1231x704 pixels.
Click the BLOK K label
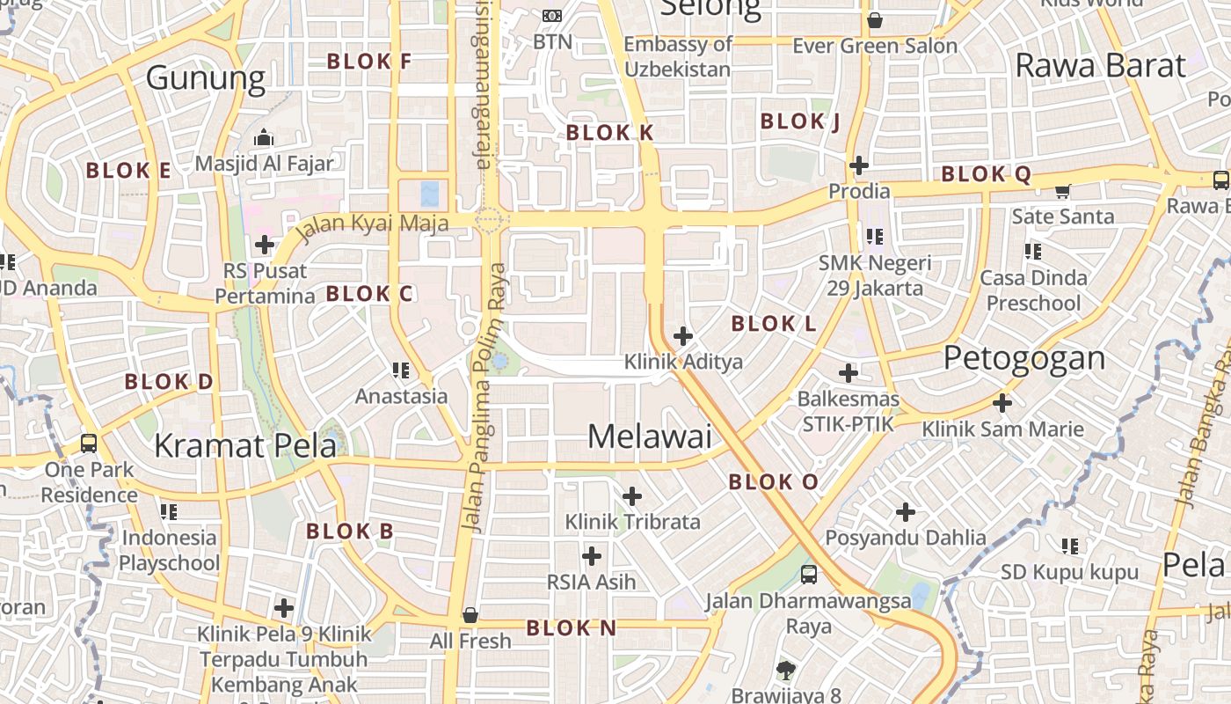[609, 133]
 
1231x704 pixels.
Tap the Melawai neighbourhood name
[649, 436]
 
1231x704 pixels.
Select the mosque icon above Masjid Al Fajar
[263, 137]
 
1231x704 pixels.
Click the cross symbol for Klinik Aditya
[682, 335]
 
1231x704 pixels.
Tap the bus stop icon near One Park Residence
[89, 443]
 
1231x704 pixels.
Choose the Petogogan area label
[1024, 358]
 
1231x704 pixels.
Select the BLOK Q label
[986, 174]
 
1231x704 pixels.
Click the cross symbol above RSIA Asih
[592, 555]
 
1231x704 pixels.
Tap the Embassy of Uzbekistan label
[678, 56]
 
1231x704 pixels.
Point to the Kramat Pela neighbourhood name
[245, 446]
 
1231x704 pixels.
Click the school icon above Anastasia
[401, 370]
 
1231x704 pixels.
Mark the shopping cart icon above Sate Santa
[1062, 190]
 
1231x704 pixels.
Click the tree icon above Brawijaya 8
[786, 670]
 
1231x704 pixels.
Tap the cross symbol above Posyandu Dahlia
[905, 511]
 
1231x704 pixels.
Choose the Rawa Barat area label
[1101, 65]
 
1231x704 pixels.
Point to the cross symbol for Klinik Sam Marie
[1002, 403]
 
